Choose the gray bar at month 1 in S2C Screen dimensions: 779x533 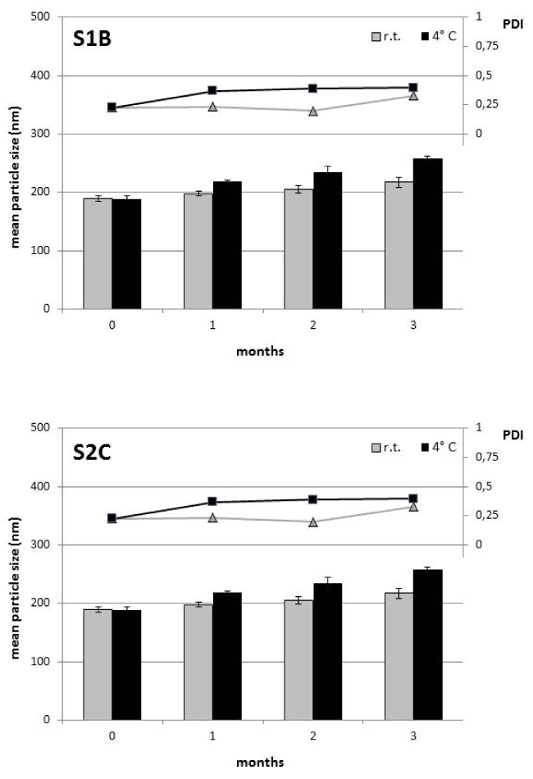pyautogui.click(x=198, y=663)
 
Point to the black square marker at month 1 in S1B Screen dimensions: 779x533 pyautogui.click(x=212, y=91)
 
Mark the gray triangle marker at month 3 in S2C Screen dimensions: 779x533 pyautogui.click(x=413, y=507)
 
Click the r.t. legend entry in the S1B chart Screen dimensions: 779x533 pyautogui.click(x=386, y=36)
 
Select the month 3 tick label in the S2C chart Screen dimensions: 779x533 pyautogui.click(x=413, y=736)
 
